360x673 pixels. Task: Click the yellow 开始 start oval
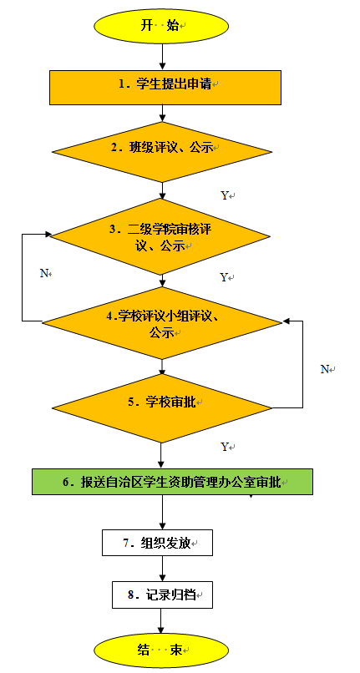pyautogui.click(x=161, y=26)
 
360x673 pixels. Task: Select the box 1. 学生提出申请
pyautogui.click(x=165, y=88)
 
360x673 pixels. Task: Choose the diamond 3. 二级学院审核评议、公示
pyautogui.click(x=160, y=236)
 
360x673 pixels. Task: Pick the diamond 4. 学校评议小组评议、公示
pyautogui.click(x=161, y=323)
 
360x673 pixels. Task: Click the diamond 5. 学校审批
pyautogui.click(x=162, y=407)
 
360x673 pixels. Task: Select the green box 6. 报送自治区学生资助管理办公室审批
pyautogui.click(x=172, y=482)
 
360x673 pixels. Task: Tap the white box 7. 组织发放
pyautogui.click(x=158, y=543)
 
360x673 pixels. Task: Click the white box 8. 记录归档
pyautogui.click(x=162, y=595)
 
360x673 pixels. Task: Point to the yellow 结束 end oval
pyautogui.click(x=161, y=650)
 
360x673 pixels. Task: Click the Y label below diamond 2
pyautogui.click(x=225, y=195)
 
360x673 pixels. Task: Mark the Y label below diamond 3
pyautogui.click(x=224, y=277)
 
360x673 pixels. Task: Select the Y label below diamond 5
pyautogui.click(x=224, y=447)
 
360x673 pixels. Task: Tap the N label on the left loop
pyautogui.click(x=43, y=273)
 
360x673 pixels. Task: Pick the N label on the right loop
pyautogui.click(x=325, y=369)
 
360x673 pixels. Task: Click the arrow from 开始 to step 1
pyautogui.click(x=162, y=57)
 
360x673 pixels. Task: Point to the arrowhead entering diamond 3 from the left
pyautogui.click(x=48, y=235)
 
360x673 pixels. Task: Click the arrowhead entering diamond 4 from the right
pyautogui.click(x=286, y=321)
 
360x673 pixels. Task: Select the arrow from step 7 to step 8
pyautogui.click(x=162, y=569)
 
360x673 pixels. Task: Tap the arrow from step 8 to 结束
pyautogui.click(x=161, y=620)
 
